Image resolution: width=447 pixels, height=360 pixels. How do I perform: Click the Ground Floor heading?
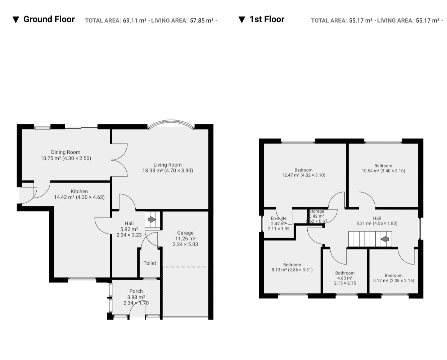[49, 19]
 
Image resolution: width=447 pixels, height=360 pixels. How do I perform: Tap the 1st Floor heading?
[267, 19]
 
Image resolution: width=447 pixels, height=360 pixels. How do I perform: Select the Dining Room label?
[66, 152]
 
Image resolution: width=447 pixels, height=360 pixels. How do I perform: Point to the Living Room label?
[168, 165]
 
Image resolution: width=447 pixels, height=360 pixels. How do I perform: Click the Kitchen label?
[79, 191]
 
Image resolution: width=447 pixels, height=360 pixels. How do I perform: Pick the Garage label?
[185, 233]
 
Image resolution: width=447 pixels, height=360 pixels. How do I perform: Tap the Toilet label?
[150, 263]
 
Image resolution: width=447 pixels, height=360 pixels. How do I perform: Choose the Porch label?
[136, 291]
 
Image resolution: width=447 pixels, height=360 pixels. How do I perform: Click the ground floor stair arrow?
[152, 220]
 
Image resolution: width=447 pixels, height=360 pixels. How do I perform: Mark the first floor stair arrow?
[385, 239]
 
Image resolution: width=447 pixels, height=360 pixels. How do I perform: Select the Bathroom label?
[345, 273]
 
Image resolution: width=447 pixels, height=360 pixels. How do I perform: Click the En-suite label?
[279, 218]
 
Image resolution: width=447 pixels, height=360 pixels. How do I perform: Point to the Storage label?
[317, 211]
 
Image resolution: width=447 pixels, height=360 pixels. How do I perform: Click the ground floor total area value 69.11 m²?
[135, 21]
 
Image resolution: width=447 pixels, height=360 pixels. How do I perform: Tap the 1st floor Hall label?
[377, 218]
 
